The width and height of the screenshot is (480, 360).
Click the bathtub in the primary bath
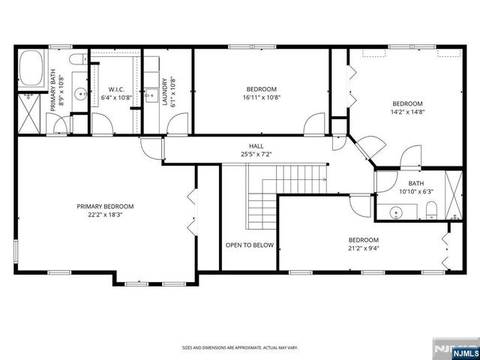pyautogui.click(x=31, y=67)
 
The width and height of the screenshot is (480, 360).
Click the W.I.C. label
pyautogui.click(x=116, y=88)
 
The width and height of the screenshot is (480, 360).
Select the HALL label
pyautogui.click(x=256, y=146)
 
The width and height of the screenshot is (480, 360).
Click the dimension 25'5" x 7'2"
pyautogui.click(x=256, y=154)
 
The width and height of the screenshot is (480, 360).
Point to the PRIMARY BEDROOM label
pyautogui.click(x=105, y=206)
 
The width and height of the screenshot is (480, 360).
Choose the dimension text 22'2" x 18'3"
pyautogui.click(x=105, y=214)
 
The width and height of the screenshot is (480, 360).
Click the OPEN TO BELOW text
pyautogui.click(x=249, y=244)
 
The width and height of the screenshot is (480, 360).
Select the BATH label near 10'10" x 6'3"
pyautogui.click(x=415, y=184)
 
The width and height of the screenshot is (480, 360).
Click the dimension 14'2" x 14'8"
pyautogui.click(x=407, y=112)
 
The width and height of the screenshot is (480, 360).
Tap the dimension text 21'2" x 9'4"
pyautogui.click(x=363, y=248)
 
